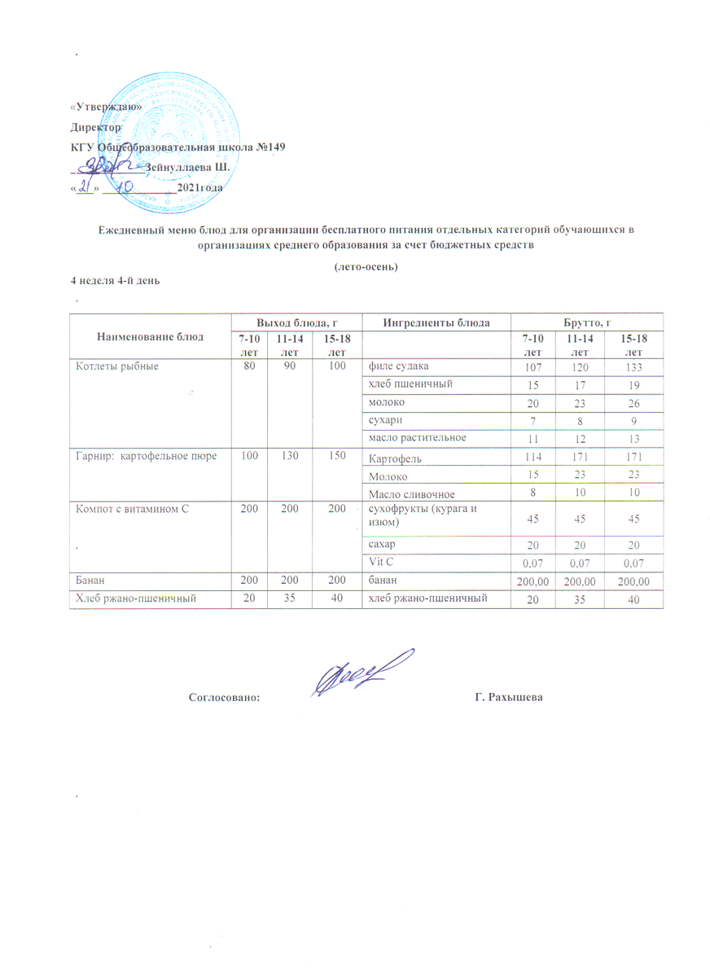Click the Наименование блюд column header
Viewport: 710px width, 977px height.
tap(146, 335)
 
